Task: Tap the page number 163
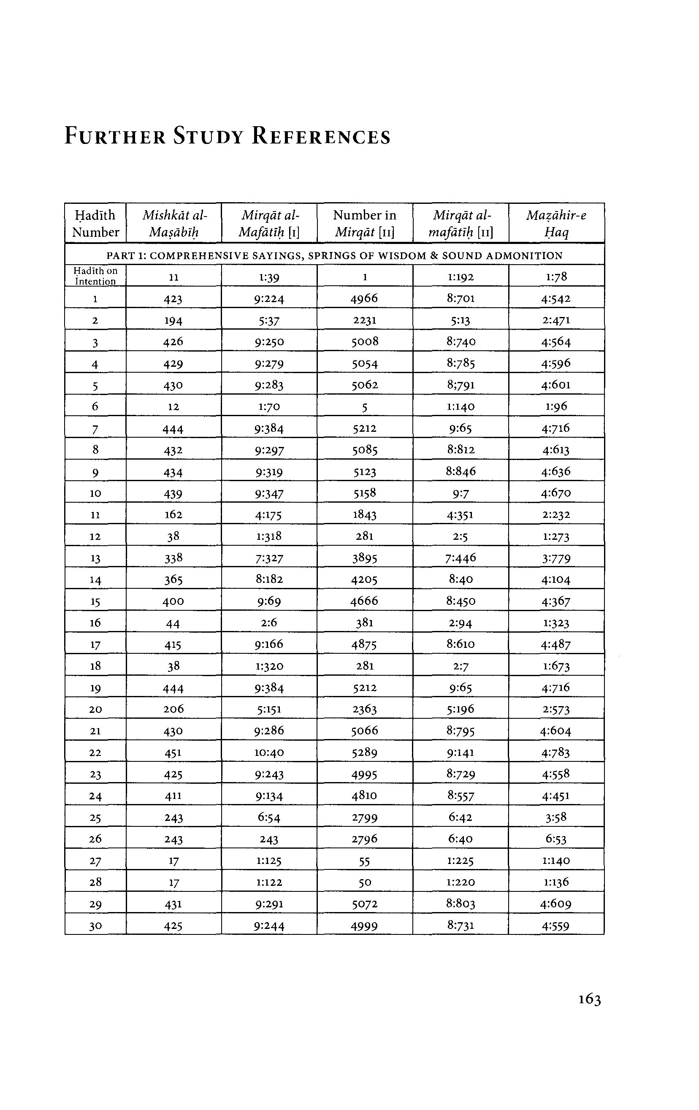(590, 999)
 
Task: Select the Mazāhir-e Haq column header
(556, 223)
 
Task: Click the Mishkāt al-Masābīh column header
(174, 223)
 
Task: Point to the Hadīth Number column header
(95, 223)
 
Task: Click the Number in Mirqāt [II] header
(364, 223)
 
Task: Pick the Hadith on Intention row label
(95, 276)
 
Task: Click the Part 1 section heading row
(334, 255)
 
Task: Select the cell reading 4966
(364, 298)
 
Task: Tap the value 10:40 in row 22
(269, 752)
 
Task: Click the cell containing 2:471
(556, 320)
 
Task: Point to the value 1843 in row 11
(364, 514)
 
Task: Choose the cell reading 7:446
(461, 558)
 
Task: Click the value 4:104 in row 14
(556, 579)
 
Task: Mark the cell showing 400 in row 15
(173, 601)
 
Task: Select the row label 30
(95, 926)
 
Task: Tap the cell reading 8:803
(461, 904)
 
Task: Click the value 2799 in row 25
(364, 817)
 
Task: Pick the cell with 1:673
(556, 666)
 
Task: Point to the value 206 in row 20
(173, 709)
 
